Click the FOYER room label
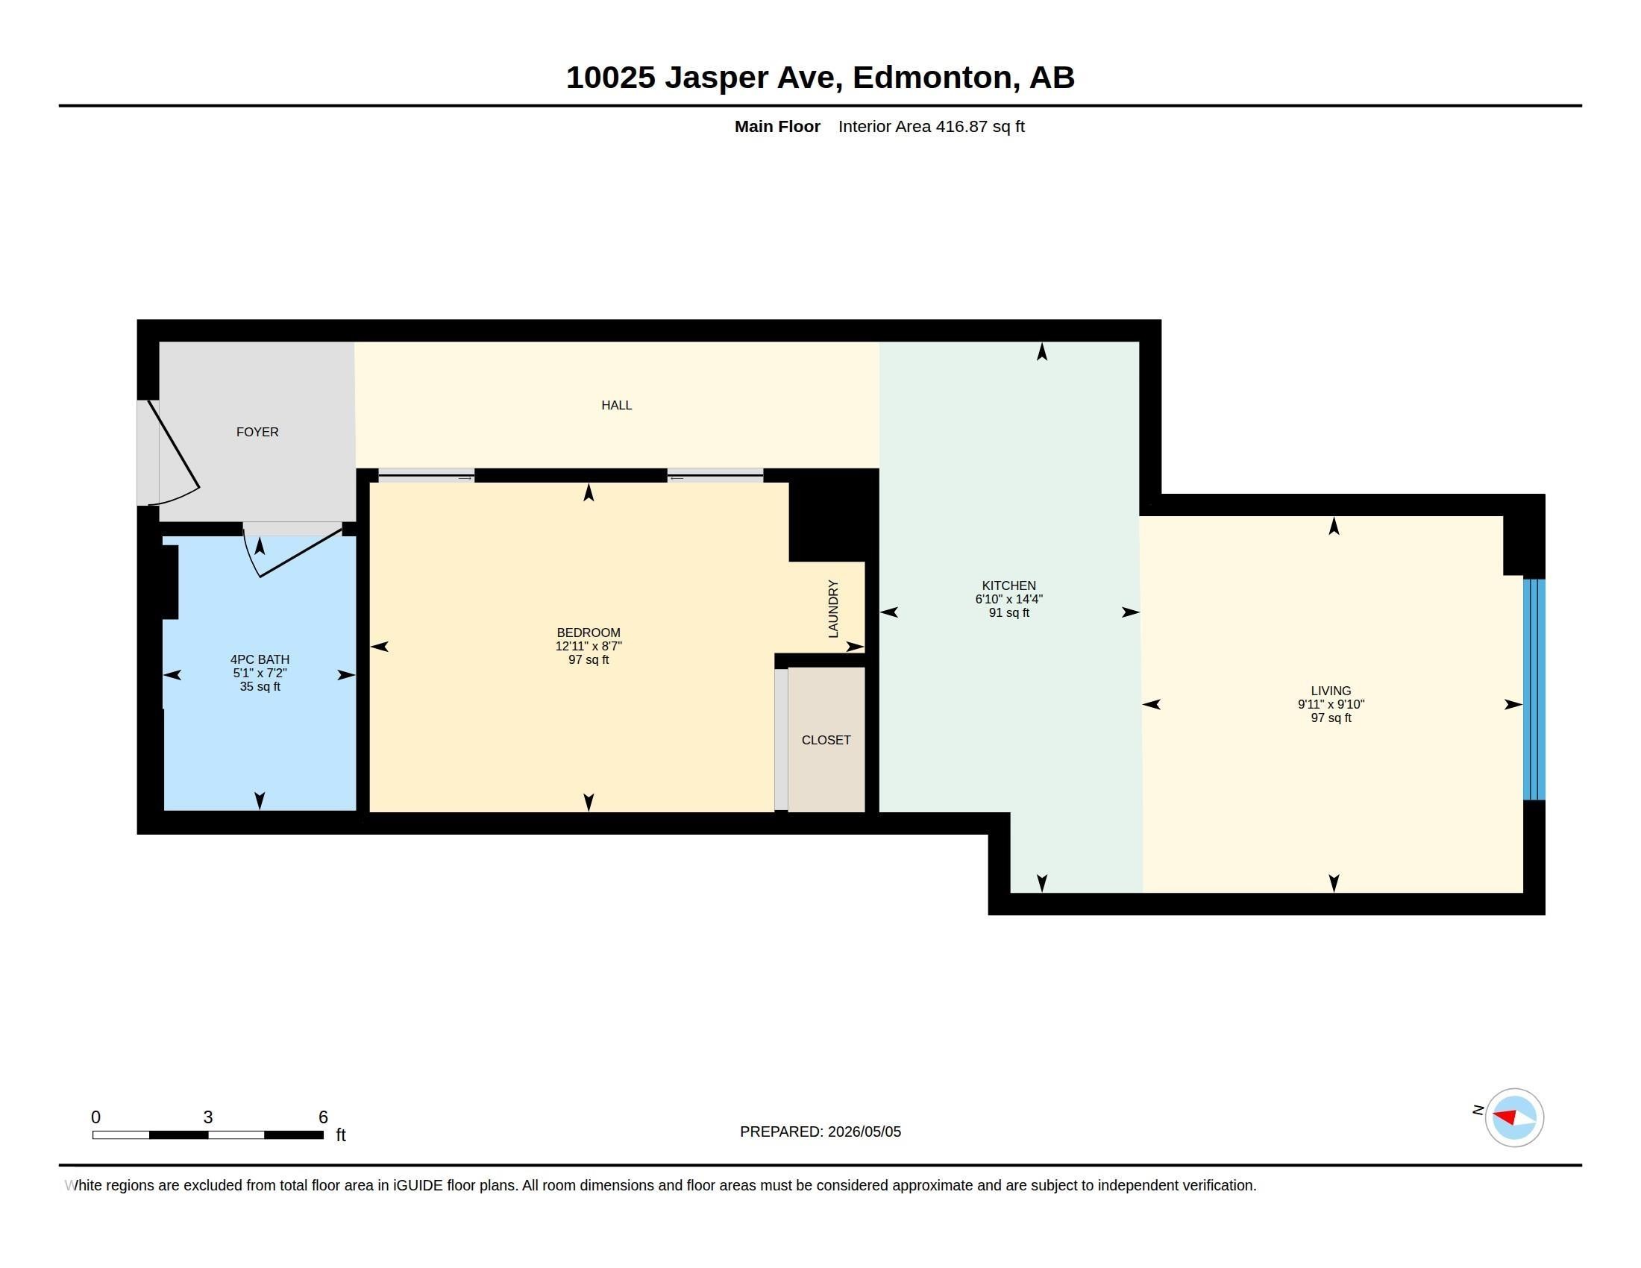[x=257, y=432]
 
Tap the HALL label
[x=616, y=405]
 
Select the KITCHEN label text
[x=1008, y=586]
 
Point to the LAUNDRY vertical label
[x=832, y=609]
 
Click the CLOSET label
[x=826, y=740]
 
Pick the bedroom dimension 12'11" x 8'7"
[x=589, y=646]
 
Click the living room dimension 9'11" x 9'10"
[x=1331, y=704]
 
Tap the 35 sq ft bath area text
[x=260, y=686]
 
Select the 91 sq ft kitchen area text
[x=1008, y=612]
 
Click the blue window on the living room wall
[x=1534, y=689]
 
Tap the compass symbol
[x=1514, y=1117]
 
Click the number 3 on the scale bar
[x=208, y=1117]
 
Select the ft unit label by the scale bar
[x=340, y=1134]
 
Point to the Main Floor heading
[x=777, y=126]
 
